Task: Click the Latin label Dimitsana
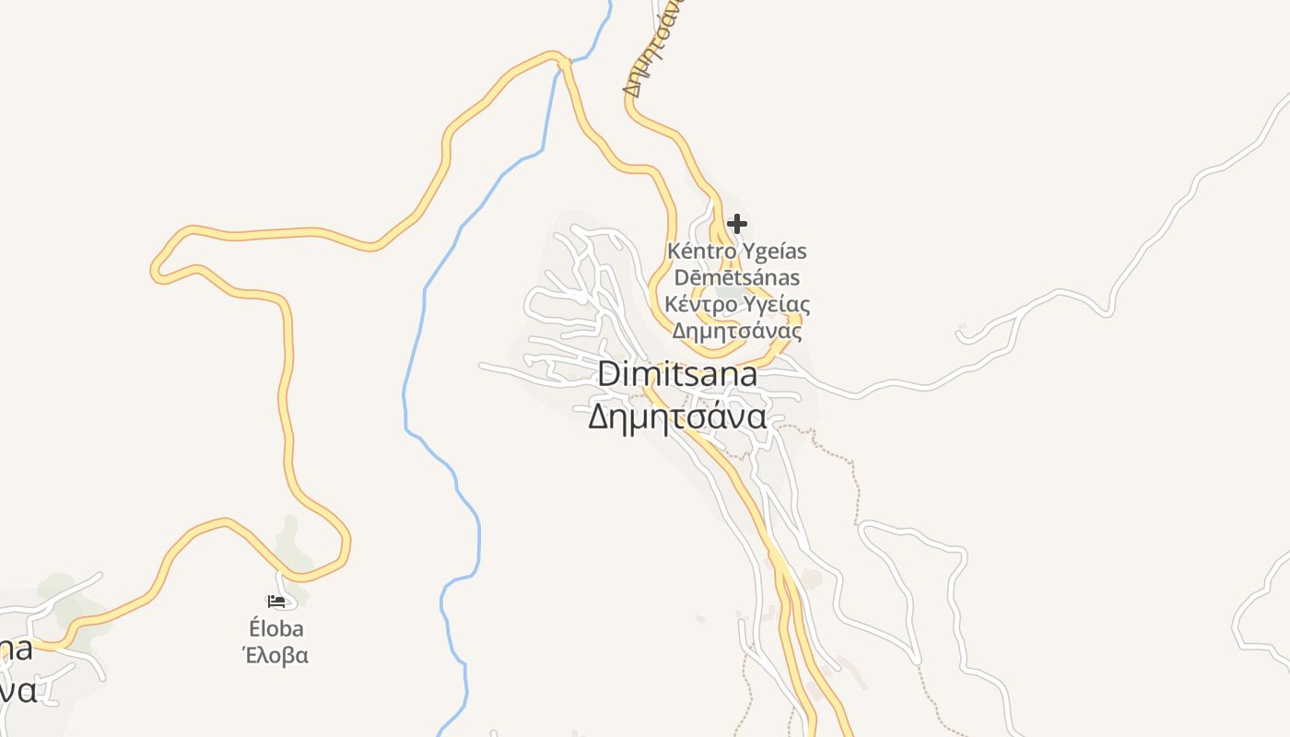coord(677,374)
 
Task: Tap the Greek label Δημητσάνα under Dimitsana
coord(677,417)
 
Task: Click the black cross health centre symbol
coord(736,224)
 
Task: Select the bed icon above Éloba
coord(276,602)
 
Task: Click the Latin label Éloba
coord(276,629)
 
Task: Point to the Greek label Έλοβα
coord(276,656)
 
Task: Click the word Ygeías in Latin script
coord(775,252)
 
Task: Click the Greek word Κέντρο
coord(701,304)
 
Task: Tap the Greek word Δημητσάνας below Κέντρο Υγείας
coord(737,331)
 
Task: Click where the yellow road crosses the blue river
coord(561,63)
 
